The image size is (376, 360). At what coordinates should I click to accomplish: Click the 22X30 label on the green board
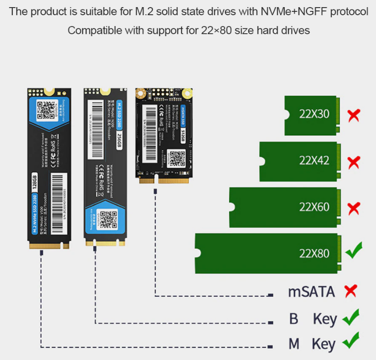314,114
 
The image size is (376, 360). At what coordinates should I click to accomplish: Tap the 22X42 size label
314,161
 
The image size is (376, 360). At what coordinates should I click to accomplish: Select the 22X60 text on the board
314,207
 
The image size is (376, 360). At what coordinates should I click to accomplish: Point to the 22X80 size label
314,253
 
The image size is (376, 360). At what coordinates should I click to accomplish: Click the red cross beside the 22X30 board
353,115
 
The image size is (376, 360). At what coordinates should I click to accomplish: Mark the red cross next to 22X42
353,162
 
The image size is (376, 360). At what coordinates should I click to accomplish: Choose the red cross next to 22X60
353,208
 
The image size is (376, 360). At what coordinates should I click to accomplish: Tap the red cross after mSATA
350,291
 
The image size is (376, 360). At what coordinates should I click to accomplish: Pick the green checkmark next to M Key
351,341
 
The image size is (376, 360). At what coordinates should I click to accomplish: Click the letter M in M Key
294,344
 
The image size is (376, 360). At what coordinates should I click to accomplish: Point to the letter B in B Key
294,319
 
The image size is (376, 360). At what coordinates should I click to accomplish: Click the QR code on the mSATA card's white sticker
176,156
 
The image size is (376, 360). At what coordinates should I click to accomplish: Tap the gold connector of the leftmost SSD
49,246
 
